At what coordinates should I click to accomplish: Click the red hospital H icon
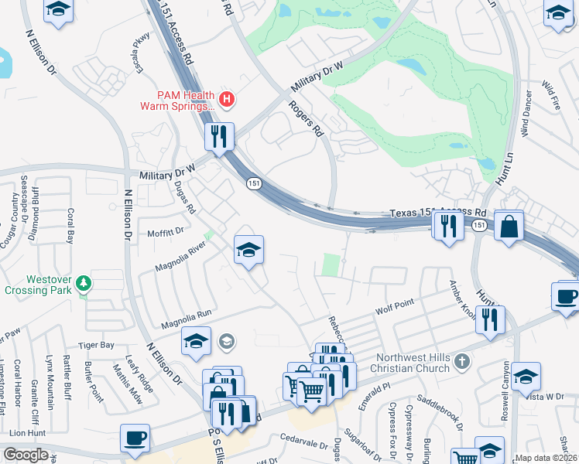click(227, 98)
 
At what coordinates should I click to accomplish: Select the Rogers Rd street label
click(306, 119)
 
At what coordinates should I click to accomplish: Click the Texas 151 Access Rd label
click(437, 213)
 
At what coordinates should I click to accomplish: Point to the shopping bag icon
click(509, 227)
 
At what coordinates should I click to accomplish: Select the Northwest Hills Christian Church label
click(412, 363)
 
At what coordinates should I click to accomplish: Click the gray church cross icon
click(461, 361)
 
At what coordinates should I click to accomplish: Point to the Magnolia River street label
click(180, 256)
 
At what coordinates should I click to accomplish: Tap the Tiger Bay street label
click(96, 344)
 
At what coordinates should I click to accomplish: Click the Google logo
click(26, 454)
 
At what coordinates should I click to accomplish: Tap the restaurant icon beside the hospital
click(219, 137)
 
